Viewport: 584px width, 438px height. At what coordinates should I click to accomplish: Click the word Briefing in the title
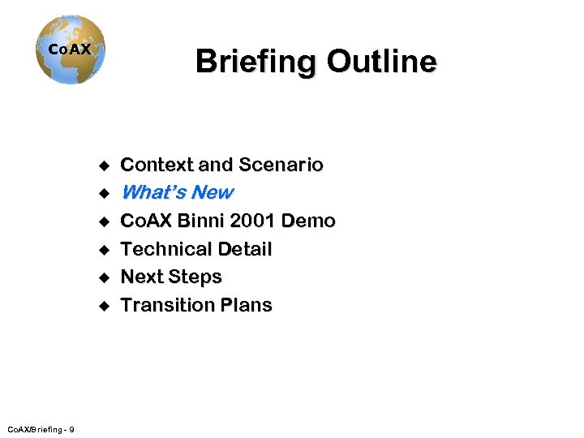click(x=255, y=61)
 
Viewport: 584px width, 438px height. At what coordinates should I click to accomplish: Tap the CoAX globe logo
click(x=71, y=49)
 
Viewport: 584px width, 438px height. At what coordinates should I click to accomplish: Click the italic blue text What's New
click(x=177, y=193)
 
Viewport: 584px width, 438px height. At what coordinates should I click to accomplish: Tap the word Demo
click(x=313, y=221)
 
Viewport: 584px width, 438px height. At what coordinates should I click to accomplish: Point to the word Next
click(x=141, y=277)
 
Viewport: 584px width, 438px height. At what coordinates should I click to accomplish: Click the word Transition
click(x=165, y=305)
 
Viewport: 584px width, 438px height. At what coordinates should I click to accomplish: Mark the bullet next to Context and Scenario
click(x=104, y=165)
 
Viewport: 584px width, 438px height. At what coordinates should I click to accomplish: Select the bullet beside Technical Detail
click(x=104, y=250)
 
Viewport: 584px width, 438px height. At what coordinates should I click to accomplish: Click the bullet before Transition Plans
click(x=104, y=306)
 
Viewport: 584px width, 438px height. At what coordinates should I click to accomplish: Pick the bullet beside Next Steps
click(x=104, y=277)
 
